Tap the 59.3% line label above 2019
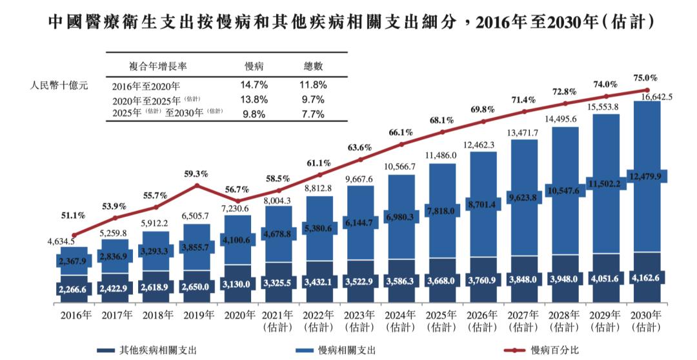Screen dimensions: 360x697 196,174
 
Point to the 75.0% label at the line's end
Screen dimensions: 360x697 645,78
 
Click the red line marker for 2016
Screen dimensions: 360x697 74,235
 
